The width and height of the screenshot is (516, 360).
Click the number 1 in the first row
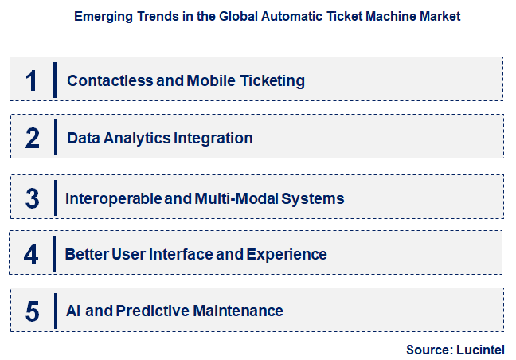point(32,80)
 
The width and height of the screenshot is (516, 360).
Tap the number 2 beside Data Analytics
point(32,138)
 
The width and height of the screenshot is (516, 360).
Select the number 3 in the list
point(32,198)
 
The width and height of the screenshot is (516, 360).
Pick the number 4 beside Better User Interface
point(32,255)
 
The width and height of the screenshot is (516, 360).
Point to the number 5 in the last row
point(32,311)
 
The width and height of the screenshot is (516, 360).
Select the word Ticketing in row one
point(271,80)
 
